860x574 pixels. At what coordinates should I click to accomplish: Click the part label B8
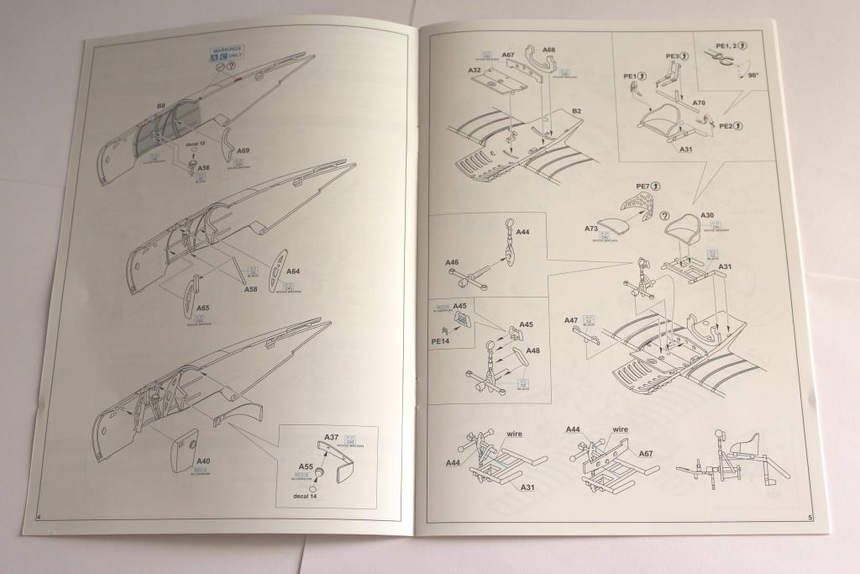tap(160, 107)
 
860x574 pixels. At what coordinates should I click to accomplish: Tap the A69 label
tap(243, 150)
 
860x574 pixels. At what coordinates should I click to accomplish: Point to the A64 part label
tap(293, 271)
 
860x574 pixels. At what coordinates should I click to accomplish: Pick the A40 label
tap(203, 461)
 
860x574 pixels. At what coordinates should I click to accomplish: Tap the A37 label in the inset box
tap(331, 436)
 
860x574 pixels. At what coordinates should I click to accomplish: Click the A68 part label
tap(548, 50)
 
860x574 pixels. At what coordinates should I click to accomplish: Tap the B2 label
tap(578, 110)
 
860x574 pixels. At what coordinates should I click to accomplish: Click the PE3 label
tap(672, 57)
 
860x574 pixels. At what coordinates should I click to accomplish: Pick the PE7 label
tap(643, 185)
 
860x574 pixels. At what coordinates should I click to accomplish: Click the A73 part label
tap(591, 227)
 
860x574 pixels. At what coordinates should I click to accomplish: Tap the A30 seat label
tap(706, 215)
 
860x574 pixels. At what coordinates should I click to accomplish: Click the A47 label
tap(571, 320)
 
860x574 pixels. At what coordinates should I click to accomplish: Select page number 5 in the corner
tap(810, 518)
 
